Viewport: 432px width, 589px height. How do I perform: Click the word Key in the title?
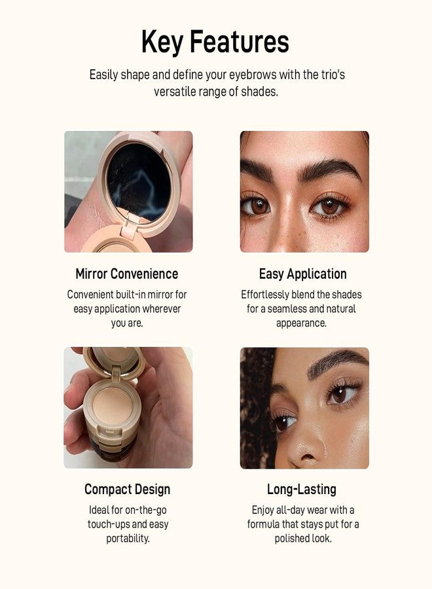(162, 43)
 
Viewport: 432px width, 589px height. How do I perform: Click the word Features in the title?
(240, 43)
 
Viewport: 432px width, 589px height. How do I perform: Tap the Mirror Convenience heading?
(126, 274)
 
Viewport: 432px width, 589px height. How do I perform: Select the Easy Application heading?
(302, 274)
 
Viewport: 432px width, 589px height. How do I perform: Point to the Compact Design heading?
(127, 489)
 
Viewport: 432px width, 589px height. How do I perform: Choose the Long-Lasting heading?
(302, 489)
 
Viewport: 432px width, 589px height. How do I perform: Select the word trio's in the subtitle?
(330, 75)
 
